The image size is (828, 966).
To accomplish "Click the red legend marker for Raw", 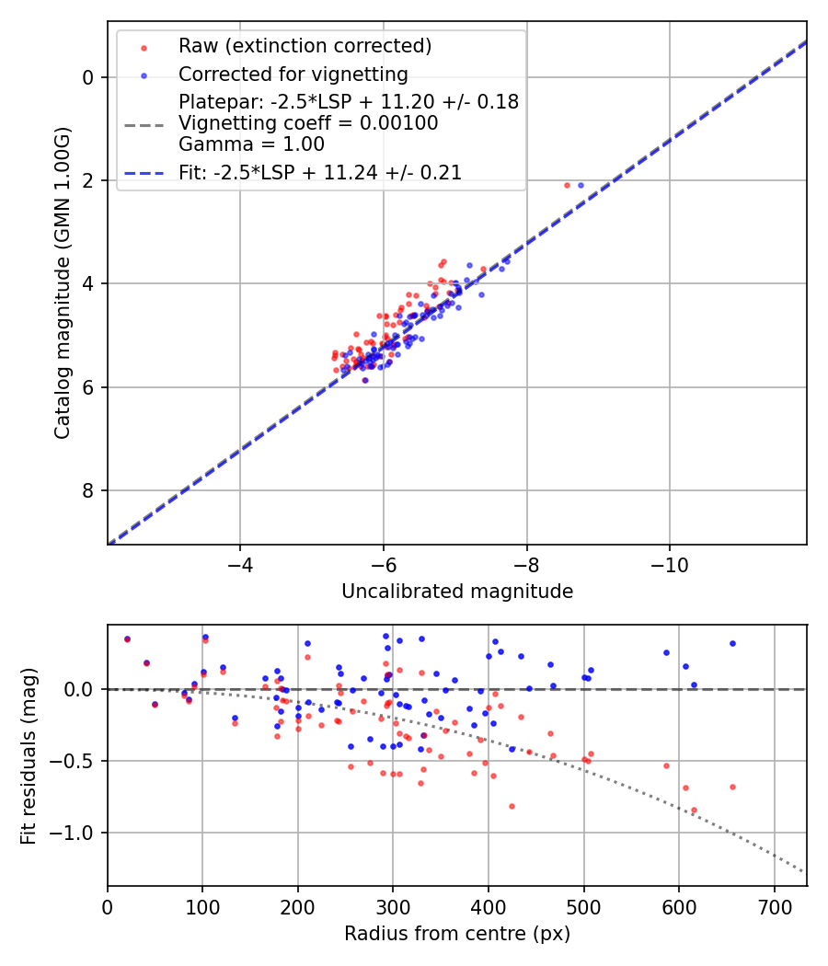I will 144,46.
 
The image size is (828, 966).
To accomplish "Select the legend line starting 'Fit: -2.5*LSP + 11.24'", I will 320,172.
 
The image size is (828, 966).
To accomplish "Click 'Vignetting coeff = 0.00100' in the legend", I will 308,122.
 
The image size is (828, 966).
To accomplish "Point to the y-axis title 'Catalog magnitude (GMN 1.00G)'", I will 62,282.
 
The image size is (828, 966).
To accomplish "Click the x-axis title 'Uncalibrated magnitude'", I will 457,592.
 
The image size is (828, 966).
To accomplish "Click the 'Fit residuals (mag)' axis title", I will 29,755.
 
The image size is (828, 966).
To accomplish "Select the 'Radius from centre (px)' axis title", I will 457,934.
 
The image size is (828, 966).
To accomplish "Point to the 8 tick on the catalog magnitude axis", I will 89,490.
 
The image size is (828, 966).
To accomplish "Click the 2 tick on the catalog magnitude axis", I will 89,180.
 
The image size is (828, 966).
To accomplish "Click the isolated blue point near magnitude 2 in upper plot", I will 581,185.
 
